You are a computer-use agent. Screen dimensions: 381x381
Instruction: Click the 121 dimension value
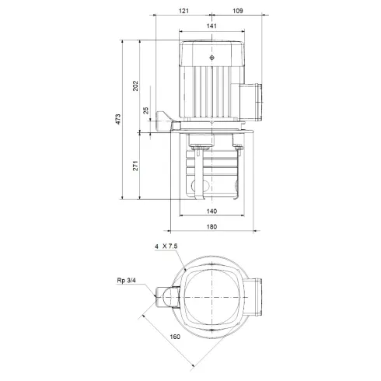184,12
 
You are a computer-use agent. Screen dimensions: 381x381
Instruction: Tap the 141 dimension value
212,26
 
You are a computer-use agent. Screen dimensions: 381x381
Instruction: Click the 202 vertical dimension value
136,85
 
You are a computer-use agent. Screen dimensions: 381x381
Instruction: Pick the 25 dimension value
147,110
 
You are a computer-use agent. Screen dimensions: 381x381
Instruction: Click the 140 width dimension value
211,211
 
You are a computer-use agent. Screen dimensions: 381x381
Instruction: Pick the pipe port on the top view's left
166,296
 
